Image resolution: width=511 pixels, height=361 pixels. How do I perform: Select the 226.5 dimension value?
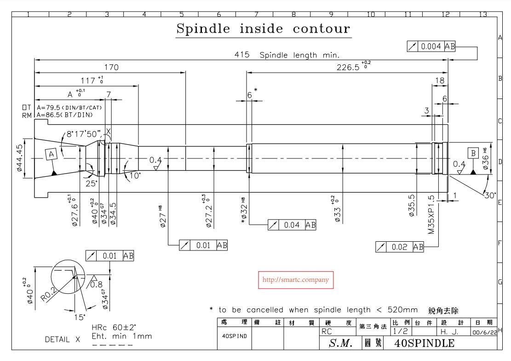tap(350, 67)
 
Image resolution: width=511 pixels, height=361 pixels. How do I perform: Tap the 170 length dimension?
tap(112, 68)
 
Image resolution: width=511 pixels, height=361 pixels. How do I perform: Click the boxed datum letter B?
tap(472, 152)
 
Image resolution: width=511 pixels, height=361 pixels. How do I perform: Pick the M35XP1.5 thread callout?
tap(431, 215)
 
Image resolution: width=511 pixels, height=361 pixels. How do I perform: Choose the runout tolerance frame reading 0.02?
tap(400, 247)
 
